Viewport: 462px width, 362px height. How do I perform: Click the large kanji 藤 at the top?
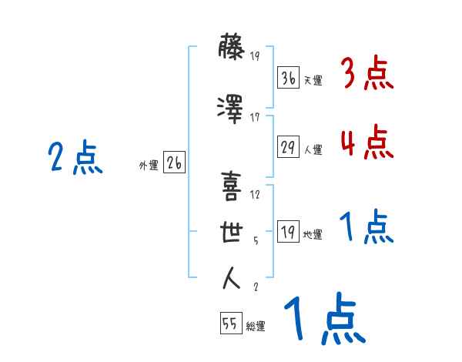[231, 47]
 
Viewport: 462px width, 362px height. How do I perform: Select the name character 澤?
[230, 109]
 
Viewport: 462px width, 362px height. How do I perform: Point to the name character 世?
[232, 232]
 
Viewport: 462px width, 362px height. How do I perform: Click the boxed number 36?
[288, 78]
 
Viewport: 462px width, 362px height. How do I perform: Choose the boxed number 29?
[288, 146]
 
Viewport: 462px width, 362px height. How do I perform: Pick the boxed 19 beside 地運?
[288, 231]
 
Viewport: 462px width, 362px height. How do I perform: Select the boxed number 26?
[174, 163]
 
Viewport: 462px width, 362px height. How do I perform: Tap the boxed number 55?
[231, 323]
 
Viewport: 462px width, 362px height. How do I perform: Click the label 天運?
[313, 80]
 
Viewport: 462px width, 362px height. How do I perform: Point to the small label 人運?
[313, 149]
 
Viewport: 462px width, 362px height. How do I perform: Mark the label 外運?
[149, 166]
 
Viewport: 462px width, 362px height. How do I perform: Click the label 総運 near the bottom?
[256, 326]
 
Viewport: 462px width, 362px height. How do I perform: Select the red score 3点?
[367, 73]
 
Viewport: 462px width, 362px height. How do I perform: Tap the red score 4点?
[367, 142]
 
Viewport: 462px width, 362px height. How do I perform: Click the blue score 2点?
[75, 157]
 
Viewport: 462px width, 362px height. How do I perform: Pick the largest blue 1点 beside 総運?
[325, 318]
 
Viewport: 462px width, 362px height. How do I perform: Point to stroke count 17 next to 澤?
[255, 118]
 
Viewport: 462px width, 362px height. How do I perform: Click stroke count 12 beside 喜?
[255, 195]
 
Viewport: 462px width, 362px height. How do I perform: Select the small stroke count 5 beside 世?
[256, 241]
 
